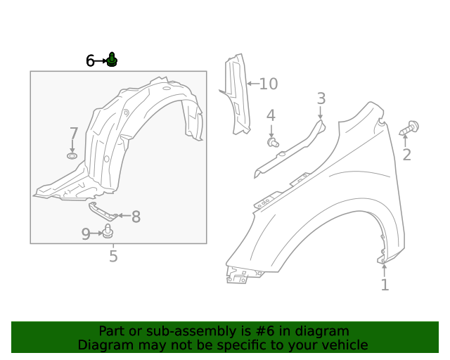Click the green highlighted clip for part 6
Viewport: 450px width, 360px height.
point(112,60)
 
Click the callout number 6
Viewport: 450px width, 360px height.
point(90,61)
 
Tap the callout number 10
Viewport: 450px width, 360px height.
point(269,84)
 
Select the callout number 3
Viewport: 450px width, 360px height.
point(321,98)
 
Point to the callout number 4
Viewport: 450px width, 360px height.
point(271,115)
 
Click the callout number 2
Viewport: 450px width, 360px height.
point(406,155)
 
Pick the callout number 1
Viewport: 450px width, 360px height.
point(385,285)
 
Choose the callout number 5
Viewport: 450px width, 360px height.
point(113,257)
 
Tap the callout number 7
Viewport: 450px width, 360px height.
point(73,133)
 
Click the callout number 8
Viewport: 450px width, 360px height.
point(136,217)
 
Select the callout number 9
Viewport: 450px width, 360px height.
point(86,234)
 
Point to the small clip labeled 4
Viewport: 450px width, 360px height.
point(273,143)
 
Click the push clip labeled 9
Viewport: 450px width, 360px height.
point(108,231)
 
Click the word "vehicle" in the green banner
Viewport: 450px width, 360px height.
point(342,345)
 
